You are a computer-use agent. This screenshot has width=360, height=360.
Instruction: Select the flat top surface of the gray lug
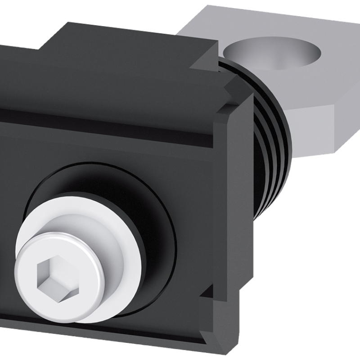coord(310,72)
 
